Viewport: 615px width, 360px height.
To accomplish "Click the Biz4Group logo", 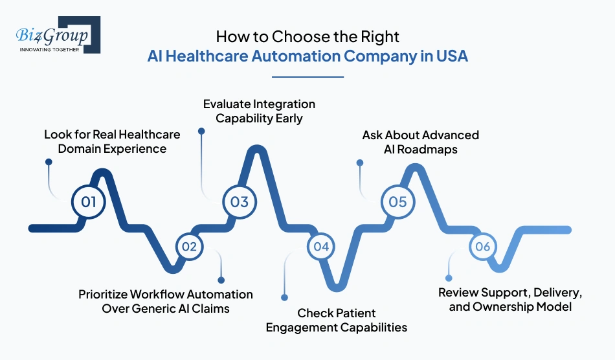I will (57, 35).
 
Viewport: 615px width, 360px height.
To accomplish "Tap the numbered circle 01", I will (89, 201).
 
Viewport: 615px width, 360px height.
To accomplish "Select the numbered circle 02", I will (189, 246).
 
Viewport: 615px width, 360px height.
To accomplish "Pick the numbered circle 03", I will (240, 201).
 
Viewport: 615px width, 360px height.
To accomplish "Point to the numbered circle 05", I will (397, 201).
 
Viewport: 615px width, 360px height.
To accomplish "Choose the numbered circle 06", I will (482, 246).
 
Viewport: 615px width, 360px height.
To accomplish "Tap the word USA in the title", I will (451, 56).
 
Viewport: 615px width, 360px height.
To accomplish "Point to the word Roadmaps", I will (436, 149).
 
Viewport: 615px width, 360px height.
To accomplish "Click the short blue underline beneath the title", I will (307, 76).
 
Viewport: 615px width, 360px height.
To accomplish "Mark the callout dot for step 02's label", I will (221, 280).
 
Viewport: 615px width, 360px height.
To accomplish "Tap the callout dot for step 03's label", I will (201, 131).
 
